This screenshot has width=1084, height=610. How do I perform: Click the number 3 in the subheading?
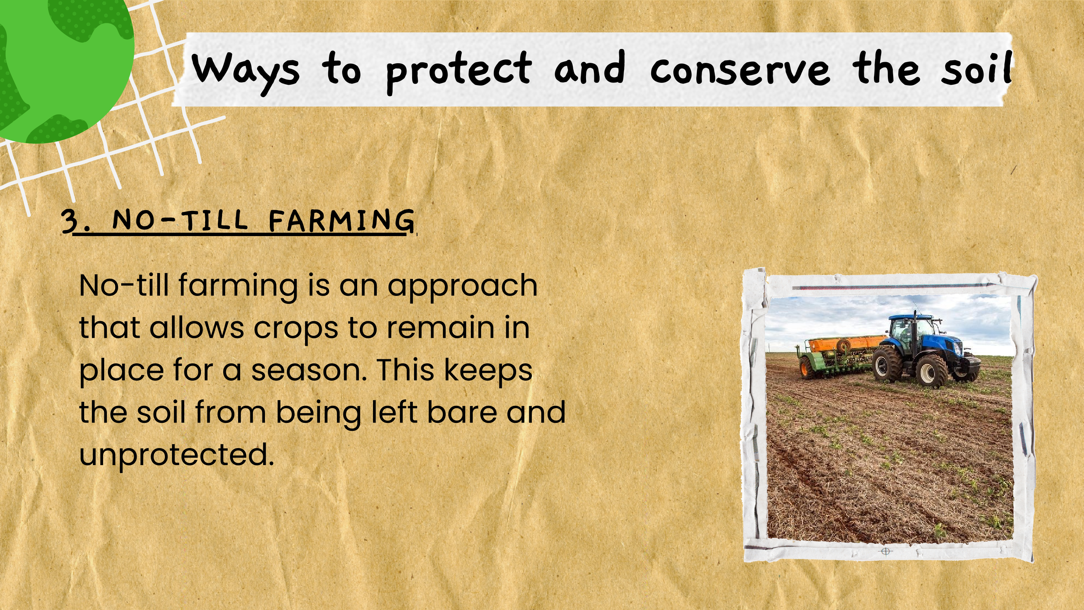coord(69,221)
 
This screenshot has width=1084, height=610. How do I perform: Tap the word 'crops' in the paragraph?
coord(295,329)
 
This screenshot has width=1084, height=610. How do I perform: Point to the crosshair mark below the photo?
coord(885,552)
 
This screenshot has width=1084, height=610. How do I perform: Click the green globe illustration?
coord(63,67)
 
